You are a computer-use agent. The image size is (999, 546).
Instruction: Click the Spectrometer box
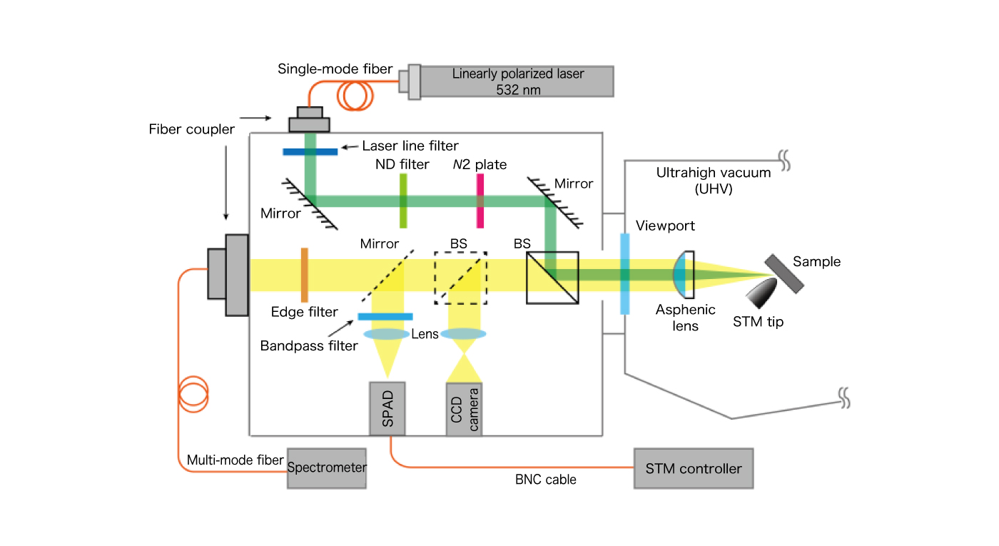[326, 468]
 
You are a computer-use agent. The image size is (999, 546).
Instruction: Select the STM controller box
[693, 468]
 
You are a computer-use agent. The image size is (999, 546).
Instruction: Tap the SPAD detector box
[387, 408]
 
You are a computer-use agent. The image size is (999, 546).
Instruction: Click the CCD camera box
[464, 409]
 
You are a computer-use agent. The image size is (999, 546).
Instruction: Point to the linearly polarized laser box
[517, 81]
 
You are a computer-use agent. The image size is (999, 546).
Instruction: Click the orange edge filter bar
[304, 275]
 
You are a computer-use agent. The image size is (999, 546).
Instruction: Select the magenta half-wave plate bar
[480, 201]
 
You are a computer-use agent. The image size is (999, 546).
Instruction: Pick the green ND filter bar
[403, 201]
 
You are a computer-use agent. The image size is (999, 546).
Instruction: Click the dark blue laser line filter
[310, 151]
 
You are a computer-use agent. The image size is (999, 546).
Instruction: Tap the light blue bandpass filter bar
[385, 316]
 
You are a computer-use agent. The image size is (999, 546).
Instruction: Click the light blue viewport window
[625, 275]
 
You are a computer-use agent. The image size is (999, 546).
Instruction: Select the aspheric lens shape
[684, 275]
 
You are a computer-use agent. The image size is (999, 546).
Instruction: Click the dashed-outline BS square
[461, 278]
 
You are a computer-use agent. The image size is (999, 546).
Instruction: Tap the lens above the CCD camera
[464, 333]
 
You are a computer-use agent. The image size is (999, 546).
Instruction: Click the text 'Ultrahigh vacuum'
[703, 172]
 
